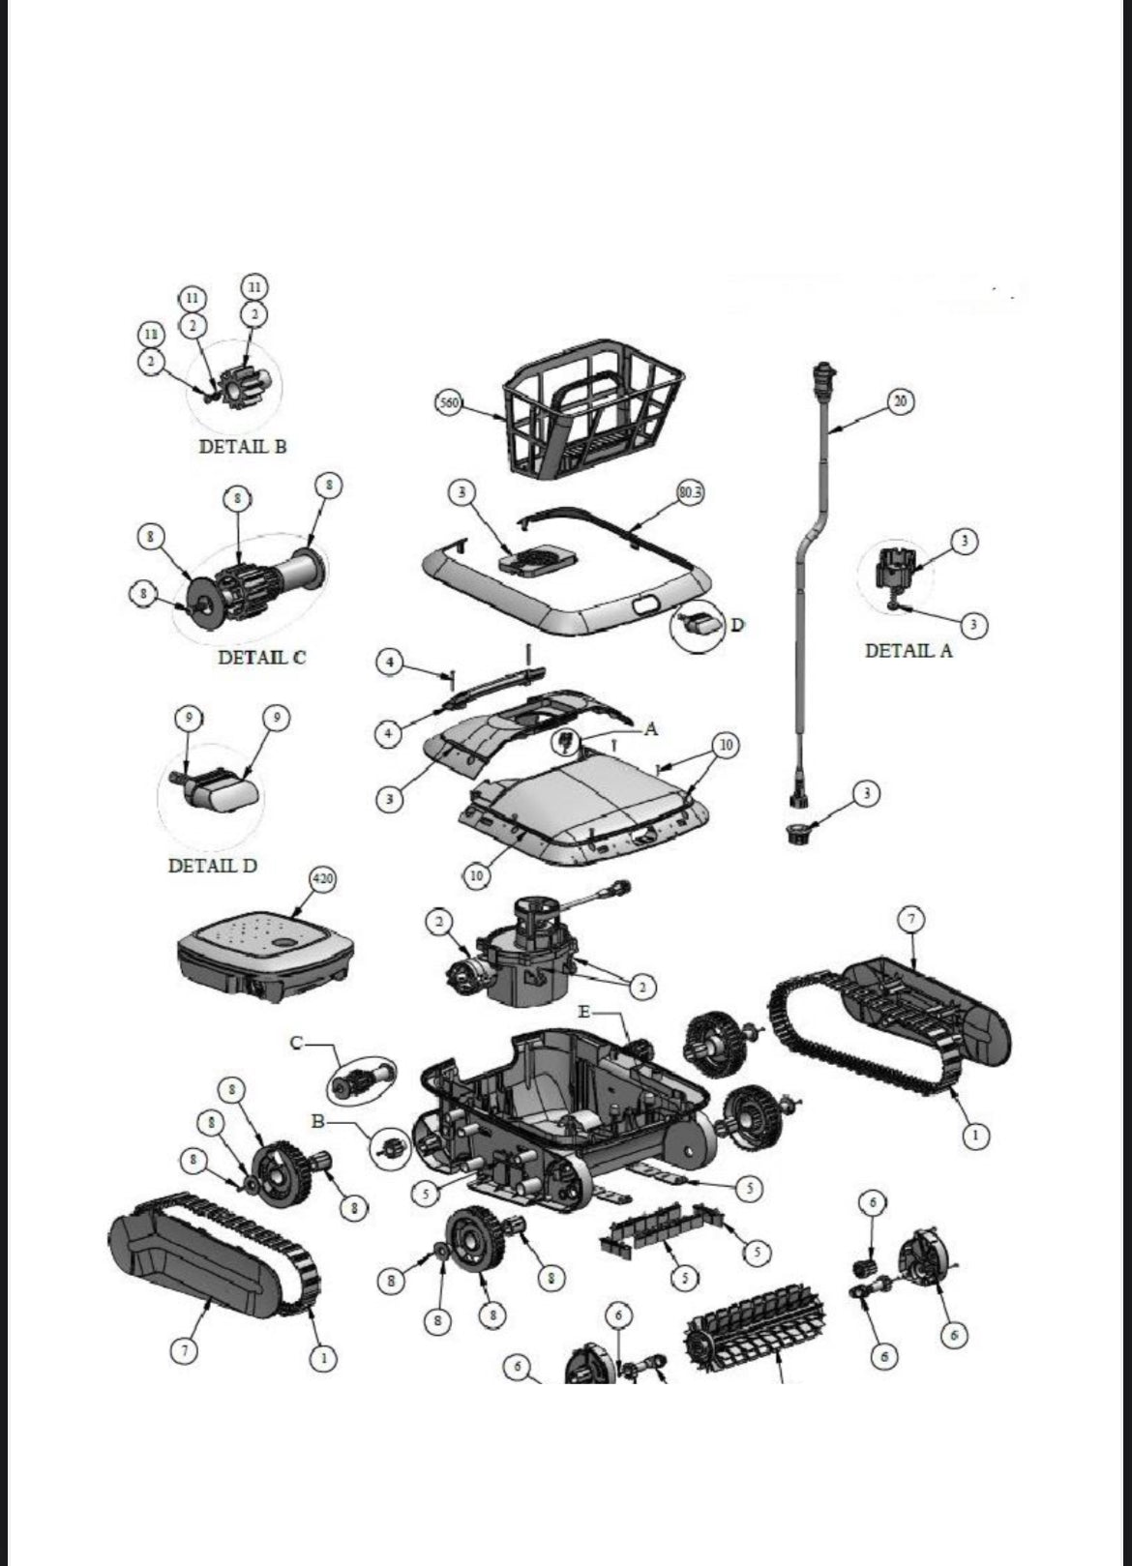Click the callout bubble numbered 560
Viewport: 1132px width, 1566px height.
tap(448, 402)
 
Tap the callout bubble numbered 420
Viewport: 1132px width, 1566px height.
tap(322, 879)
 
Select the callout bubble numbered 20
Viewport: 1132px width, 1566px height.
tap(901, 401)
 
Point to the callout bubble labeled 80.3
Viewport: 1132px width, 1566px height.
tap(690, 492)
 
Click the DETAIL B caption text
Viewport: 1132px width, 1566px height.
tap(242, 447)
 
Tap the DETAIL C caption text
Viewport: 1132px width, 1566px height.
tap(261, 658)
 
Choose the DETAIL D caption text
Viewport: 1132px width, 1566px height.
tap(213, 866)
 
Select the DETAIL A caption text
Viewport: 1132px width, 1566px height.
tap(908, 651)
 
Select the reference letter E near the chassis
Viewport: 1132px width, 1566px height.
tap(583, 1012)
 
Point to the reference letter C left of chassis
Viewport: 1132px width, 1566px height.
tap(297, 1043)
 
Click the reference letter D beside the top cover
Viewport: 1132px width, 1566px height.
tap(737, 625)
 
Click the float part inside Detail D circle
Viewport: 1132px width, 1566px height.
tap(221, 789)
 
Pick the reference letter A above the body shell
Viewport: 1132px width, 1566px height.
tap(650, 728)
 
